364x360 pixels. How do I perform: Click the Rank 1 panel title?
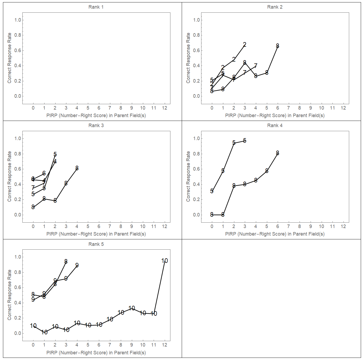click(96, 7)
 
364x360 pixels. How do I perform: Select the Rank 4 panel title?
click(275, 125)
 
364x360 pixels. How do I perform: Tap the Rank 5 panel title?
click(96, 244)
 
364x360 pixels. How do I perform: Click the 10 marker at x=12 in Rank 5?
click(164, 261)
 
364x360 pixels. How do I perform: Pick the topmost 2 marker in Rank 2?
click(245, 45)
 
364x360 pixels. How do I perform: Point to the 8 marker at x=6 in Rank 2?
click(277, 46)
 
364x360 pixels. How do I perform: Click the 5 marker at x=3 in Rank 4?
click(245, 141)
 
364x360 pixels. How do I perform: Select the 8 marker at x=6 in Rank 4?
click(277, 153)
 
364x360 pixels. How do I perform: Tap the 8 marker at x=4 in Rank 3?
click(77, 168)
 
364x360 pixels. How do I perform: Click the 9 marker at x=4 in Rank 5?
click(77, 265)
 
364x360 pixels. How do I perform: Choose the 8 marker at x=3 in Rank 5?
click(66, 261)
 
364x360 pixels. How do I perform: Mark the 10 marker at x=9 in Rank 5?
click(132, 308)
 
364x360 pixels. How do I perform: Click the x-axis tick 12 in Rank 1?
click(164, 108)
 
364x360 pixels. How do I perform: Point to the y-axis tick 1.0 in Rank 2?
click(197, 20)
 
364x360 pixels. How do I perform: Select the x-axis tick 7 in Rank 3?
click(110, 226)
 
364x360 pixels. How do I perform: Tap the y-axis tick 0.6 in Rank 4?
click(197, 169)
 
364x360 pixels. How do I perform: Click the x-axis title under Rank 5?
click(96, 353)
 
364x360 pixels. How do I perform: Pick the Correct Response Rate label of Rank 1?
click(9, 58)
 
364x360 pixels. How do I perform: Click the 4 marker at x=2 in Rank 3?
click(55, 162)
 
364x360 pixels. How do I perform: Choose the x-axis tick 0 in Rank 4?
click(212, 226)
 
